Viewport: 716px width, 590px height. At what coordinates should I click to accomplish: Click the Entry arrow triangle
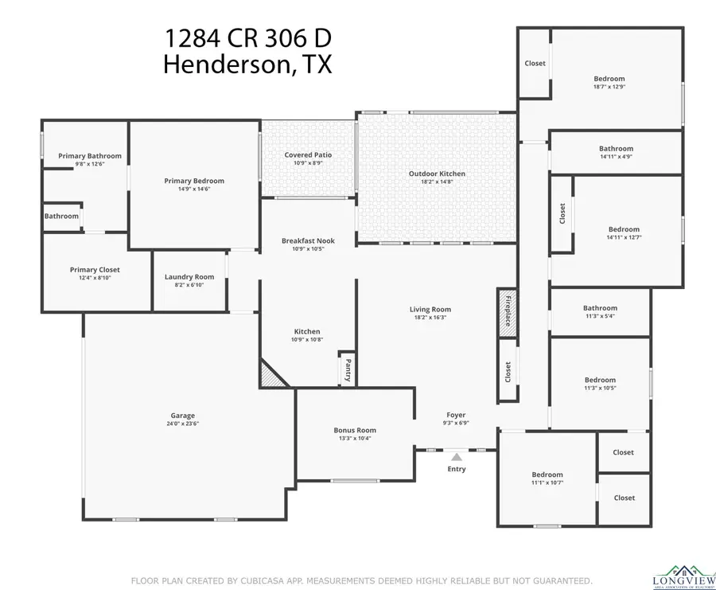[456, 456]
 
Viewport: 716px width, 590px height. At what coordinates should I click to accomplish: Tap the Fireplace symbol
[507, 310]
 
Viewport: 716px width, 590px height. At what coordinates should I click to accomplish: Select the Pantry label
[347, 369]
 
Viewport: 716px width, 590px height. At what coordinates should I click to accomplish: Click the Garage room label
[182, 416]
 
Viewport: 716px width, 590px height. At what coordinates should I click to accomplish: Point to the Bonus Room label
[355, 430]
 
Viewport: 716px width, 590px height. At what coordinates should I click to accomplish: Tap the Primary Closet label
[95, 270]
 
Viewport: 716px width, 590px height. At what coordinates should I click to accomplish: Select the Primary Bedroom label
[194, 181]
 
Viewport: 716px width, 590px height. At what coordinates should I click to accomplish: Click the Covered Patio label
[308, 154]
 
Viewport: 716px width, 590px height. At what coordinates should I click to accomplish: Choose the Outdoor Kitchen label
[437, 174]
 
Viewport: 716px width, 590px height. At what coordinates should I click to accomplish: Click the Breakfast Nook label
[308, 240]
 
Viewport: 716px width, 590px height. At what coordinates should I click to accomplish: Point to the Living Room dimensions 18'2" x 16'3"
[430, 318]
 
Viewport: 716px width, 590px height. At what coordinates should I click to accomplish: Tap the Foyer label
[456, 415]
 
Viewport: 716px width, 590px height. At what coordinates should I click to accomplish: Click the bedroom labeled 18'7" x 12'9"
[609, 79]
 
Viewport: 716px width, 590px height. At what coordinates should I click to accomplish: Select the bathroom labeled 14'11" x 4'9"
[616, 148]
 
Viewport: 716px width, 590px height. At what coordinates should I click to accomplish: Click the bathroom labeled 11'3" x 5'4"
[600, 308]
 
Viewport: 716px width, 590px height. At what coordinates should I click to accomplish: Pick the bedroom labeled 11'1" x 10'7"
[547, 475]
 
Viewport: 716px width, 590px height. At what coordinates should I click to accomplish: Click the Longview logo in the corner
[679, 576]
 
